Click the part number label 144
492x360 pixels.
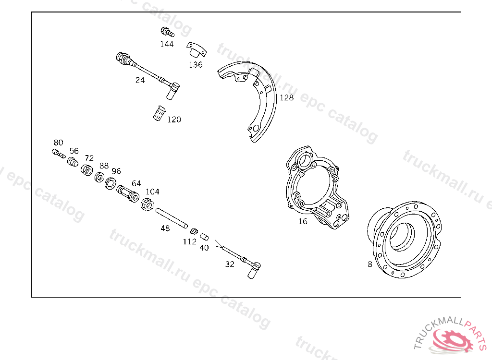[167, 44]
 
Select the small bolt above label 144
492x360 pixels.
[167, 32]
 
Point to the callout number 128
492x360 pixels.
[286, 98]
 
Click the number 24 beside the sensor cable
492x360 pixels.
[140, 80]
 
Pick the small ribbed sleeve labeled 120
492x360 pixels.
[159, 113]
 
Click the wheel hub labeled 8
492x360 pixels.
[405, 240]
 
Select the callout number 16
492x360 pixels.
[303, 222]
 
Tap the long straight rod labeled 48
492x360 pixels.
[172, 218]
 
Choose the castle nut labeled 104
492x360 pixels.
[147, 204]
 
